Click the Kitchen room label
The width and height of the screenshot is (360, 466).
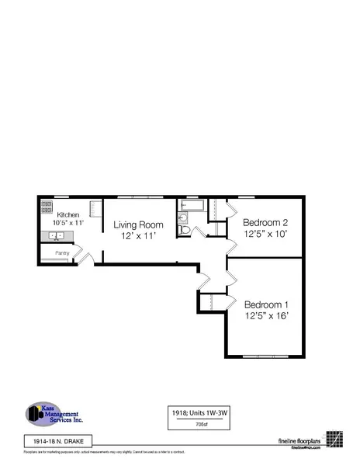tap(67, 214)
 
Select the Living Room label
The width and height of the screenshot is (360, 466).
tap(139, 225)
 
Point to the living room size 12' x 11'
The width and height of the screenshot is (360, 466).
tap(139, 236)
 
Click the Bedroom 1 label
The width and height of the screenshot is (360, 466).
tap(266, 304)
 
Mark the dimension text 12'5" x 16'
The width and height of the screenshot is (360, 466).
tap(266, 317)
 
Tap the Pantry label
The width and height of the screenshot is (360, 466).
tap(57, 253)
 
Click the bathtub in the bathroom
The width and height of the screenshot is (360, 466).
tap(191, 206)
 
